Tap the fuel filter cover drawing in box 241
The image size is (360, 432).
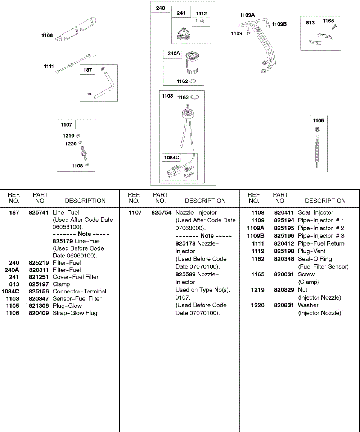point(184,33)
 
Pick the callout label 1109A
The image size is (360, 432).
point(247,15)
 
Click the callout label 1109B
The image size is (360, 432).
point(279,24)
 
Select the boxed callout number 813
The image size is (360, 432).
point(310,22)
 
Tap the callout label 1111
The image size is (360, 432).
point(49,66)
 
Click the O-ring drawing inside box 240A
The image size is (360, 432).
point(193,81)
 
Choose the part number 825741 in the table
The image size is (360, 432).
point(39,212)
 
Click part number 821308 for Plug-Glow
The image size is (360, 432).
point(39,306)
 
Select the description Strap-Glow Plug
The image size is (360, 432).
point(75,313)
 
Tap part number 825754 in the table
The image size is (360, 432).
point(161,213)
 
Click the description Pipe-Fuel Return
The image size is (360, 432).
point(321,243)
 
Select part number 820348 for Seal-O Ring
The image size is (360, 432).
point(284,259)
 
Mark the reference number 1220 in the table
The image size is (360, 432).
point(258,305)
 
